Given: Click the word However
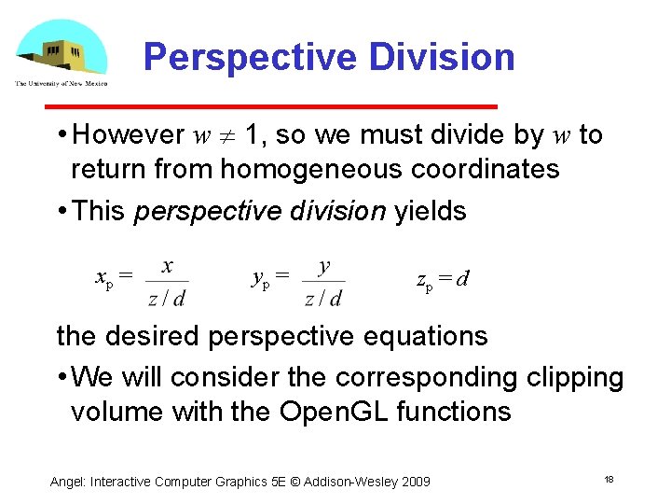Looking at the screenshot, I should (x=128, y=135).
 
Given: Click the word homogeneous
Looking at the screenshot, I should (x=308, y=169).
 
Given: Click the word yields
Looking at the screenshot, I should (x=431, y=211).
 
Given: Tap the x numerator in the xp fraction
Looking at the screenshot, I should (x=167, y=266).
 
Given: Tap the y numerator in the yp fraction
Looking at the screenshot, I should (x=323, y=266).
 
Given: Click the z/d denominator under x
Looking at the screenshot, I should (x=167, y=298).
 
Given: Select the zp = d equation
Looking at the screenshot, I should (x=442, y=279).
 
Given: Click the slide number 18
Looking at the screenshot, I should (x=609, y=479).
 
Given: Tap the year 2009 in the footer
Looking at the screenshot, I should (x=415, y=481).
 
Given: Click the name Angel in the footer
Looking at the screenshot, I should (x=67, y=481).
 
